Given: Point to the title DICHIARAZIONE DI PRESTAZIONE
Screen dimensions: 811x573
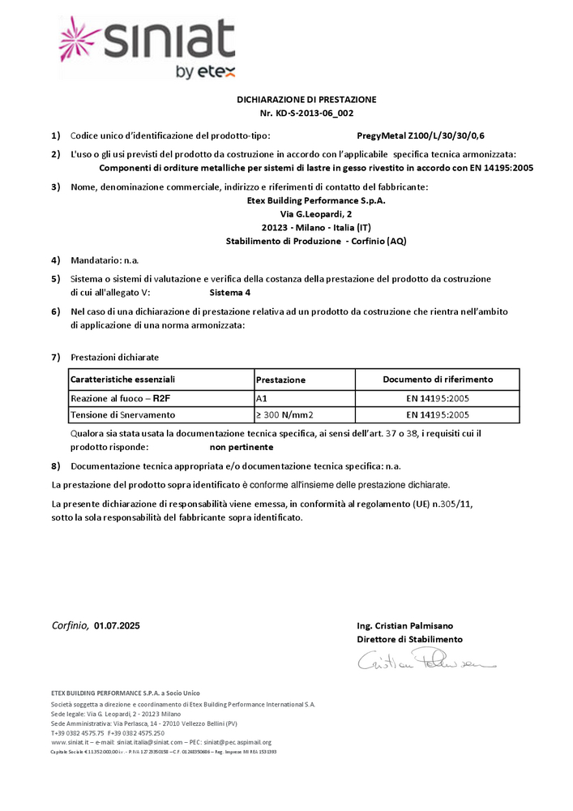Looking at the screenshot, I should [x=306, y=99].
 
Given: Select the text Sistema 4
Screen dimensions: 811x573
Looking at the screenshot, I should [x=230, y=292].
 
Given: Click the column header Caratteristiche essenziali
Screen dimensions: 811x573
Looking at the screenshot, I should [x=123, y=379].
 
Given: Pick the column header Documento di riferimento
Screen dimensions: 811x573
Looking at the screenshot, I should [x=438, y=379].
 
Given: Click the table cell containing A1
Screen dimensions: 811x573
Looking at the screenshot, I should [x=261, y=398].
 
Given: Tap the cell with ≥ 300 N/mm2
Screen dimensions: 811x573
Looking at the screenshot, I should [x=285, y=414].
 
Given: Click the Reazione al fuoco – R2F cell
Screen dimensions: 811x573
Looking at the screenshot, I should [x=120, y=398].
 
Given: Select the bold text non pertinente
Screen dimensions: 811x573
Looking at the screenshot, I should [x=242, y=447].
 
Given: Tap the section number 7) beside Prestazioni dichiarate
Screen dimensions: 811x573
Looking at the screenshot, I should [x=55, y=357].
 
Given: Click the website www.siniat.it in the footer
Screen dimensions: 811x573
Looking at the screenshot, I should [x=69, y=742].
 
